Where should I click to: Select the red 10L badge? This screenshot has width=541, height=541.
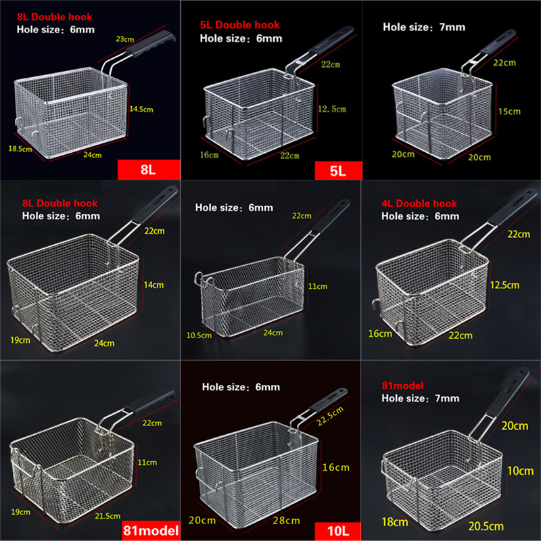click(337, 530)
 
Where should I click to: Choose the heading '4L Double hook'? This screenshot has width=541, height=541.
click(419, 204)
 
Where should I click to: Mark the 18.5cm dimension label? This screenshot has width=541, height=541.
click(20, 149)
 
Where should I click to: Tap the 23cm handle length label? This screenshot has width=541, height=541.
click(124, 39)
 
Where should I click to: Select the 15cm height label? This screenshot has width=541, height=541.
click(509, 111)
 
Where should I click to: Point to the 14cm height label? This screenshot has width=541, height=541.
click(154, 285)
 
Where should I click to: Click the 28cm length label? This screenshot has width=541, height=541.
click(287, 521)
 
